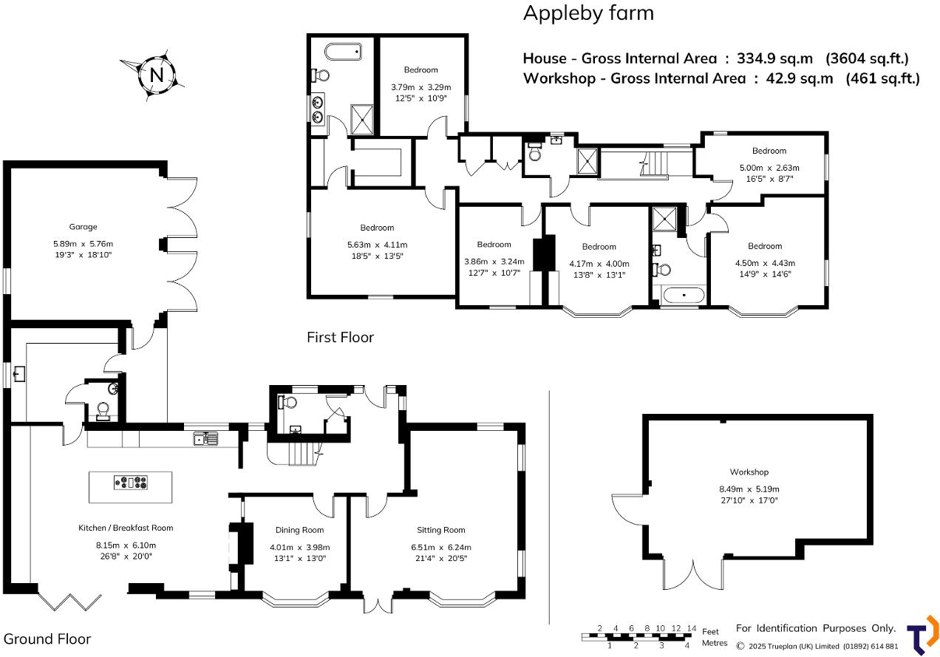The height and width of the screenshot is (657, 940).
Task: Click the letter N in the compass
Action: click(x=157, y=75)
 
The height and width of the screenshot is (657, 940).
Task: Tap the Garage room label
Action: click(x=83, y=227)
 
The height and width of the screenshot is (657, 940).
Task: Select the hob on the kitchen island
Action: click(x=131, y=483)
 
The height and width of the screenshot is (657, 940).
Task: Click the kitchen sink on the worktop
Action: click(x=205, y=438)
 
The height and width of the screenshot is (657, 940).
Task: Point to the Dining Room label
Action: click(x=299, y=530)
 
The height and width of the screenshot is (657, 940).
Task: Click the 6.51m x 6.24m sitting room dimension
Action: click(x=441, y=547)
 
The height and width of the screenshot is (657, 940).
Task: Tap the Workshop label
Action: click(x=749, y=472)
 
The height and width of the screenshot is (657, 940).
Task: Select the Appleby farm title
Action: click(x=588, y=13)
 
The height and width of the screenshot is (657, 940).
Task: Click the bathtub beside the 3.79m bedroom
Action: click(x=343, y=52)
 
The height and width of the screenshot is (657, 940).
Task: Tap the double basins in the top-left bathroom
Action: click(x=318, y=109)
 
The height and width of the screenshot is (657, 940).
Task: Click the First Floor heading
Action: click(x=340, y=337)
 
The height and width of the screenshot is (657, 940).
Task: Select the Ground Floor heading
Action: click(x=47, y=639)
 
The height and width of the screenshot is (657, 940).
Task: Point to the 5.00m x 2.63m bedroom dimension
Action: click(x=769, y=168)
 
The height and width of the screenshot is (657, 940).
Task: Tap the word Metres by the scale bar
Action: click(x=715, y=643)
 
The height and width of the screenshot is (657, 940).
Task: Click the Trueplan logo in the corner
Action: click(x=922, y=635)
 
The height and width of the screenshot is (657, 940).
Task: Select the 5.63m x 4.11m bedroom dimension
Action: click(x=378, y=245)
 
